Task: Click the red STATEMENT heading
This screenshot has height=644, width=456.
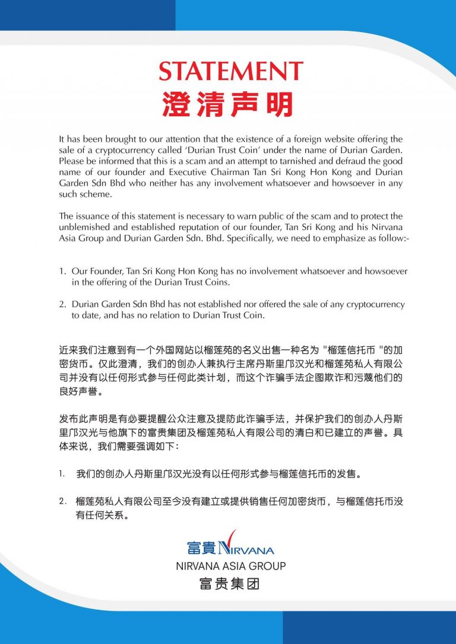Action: point(231,72)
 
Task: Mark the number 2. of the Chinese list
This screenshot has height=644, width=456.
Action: point(62,502)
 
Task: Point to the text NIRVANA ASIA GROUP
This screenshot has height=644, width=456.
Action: point(231,566)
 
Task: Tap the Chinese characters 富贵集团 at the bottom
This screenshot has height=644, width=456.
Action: point(230,585)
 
